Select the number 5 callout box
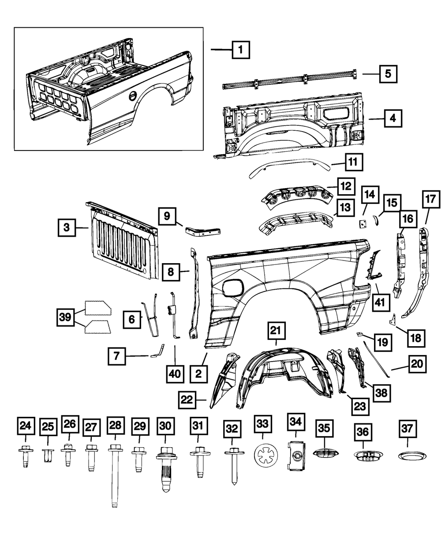(x=387, y=74)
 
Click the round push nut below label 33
(x=263, y=454)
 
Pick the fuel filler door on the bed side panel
(x=233, y=288)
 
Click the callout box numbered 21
(x=276, y=330)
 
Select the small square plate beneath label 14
(x=363, y=224)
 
